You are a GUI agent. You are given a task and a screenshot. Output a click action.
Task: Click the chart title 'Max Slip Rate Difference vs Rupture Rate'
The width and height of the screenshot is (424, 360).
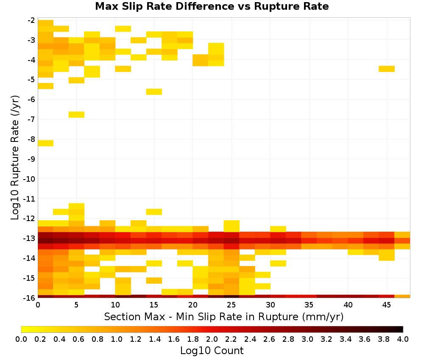212,6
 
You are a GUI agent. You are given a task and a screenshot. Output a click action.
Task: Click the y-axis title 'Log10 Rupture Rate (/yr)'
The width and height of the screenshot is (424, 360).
15,158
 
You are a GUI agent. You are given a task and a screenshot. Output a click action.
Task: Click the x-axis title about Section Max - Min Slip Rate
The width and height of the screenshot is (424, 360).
224,316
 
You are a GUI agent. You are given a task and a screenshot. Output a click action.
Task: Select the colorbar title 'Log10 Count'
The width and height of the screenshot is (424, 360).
212,351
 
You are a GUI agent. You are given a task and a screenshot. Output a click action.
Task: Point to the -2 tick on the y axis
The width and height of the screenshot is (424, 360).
31,20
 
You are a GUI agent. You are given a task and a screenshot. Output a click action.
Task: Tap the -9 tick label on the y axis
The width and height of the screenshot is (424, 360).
31,159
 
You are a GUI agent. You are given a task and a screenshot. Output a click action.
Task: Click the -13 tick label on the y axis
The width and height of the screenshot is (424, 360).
29,238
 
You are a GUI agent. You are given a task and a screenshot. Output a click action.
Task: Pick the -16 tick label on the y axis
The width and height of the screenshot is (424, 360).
29,298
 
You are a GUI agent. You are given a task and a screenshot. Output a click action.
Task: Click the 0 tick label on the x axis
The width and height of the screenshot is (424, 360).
38,305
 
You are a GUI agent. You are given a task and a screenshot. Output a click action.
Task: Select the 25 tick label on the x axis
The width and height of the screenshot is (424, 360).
231,305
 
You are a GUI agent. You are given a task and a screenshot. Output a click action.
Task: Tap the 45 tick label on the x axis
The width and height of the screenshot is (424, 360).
386,305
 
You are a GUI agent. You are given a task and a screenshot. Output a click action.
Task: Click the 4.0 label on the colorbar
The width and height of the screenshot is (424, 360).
403,339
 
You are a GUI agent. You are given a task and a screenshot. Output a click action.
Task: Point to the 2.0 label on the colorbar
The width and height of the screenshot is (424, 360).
212,339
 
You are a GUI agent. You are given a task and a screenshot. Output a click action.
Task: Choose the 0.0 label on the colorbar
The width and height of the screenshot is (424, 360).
21,339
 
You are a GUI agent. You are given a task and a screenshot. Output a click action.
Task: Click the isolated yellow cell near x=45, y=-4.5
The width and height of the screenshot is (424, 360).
387,69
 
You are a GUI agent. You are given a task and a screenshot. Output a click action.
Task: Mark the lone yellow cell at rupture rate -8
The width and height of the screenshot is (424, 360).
45,143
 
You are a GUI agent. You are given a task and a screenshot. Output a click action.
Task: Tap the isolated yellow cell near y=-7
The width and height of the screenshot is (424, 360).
76,114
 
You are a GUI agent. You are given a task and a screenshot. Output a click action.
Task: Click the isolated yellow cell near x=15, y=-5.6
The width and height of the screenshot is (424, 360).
154,91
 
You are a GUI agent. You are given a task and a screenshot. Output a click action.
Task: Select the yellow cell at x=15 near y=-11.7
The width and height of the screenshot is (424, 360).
154,212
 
